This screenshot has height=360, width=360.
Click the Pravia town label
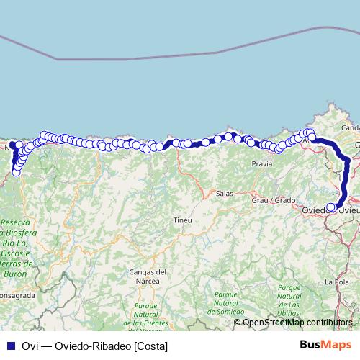[261, 164]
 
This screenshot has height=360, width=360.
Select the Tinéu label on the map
[181, 220]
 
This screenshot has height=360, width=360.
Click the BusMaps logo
[325, 345]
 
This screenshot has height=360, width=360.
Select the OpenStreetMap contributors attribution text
[297, 323]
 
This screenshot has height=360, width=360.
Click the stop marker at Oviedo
[331, 208]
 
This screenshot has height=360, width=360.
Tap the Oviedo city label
[314, 210]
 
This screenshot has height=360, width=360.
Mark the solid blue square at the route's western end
[12, 145]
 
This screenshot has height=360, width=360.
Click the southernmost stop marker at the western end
[16, 172]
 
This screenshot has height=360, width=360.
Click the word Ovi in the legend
[30, 346]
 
